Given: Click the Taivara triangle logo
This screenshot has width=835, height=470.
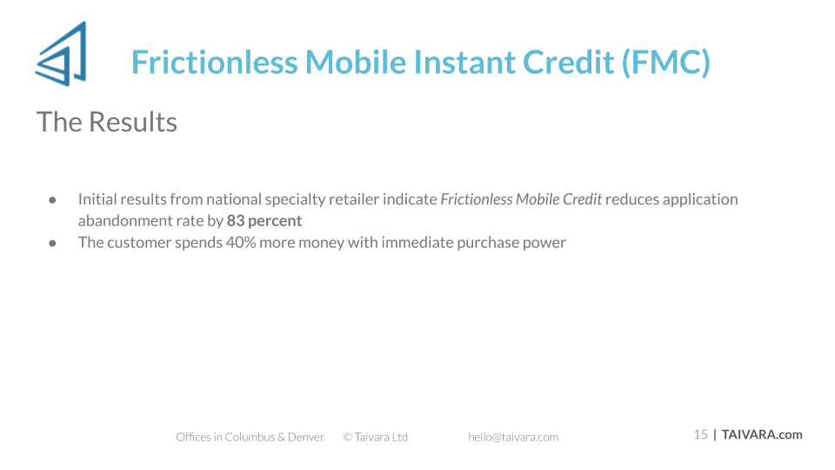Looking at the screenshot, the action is point(61,54).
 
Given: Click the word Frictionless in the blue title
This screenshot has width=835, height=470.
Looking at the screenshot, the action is point(215,62).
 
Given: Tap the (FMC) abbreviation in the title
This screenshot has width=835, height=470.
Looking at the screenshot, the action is point(666,63).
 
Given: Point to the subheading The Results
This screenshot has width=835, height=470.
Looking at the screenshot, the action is point(106,122).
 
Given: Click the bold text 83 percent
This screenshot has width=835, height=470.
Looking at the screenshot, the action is point(264,220).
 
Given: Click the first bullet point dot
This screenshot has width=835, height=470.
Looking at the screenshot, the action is point(53,200).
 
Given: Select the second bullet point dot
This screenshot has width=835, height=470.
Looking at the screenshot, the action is point(53,244).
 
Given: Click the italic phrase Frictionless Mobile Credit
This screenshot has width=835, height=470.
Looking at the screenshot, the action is point(521,199).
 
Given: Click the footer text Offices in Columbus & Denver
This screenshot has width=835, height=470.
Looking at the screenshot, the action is point(250,437).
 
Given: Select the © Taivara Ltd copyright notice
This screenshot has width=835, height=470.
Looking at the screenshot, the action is point(376,437).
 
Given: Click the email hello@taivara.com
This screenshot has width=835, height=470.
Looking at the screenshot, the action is point(513,437).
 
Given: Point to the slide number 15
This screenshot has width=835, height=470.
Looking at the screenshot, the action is point(700,435).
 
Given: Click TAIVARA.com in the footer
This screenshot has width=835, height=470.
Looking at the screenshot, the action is point(762,435).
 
